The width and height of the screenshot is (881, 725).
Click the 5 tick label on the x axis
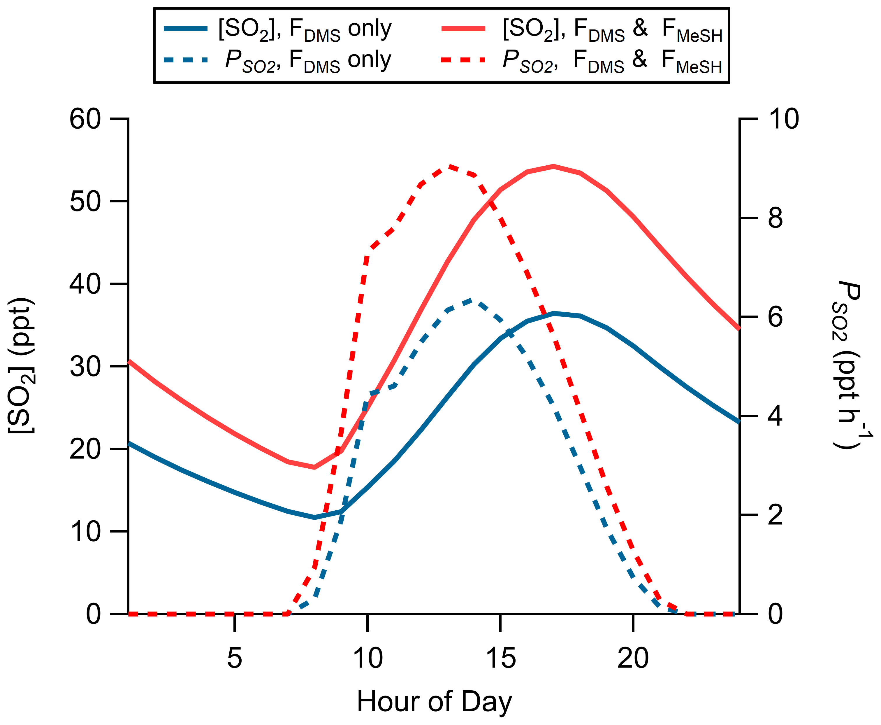pos(235,658)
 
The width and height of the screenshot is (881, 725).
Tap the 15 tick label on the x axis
pos(500,658)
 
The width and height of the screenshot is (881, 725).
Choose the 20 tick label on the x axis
pos(633,658)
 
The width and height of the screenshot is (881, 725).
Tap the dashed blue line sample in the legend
pos(186,60)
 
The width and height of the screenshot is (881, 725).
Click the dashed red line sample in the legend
pos(463,60)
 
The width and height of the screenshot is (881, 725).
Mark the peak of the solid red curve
pos(553,166)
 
